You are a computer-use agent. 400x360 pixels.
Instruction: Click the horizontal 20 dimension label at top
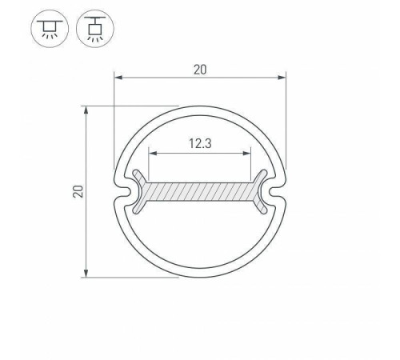[200, 70]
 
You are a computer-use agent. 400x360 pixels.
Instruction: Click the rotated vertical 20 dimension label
[78, 191]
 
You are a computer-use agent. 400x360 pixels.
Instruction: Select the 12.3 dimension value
[200, 143]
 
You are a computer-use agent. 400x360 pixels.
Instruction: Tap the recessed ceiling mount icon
[50, 29]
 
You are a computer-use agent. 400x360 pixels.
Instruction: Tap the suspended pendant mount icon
[95, 29]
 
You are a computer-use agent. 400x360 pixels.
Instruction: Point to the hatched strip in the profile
[200, 191]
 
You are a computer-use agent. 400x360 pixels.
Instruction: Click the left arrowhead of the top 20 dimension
[118, 78]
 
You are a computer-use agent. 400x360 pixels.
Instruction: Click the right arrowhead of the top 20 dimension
[282, 78]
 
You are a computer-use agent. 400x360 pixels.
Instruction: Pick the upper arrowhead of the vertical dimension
[86, 110]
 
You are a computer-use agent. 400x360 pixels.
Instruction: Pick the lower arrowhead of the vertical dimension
[86, 274]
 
